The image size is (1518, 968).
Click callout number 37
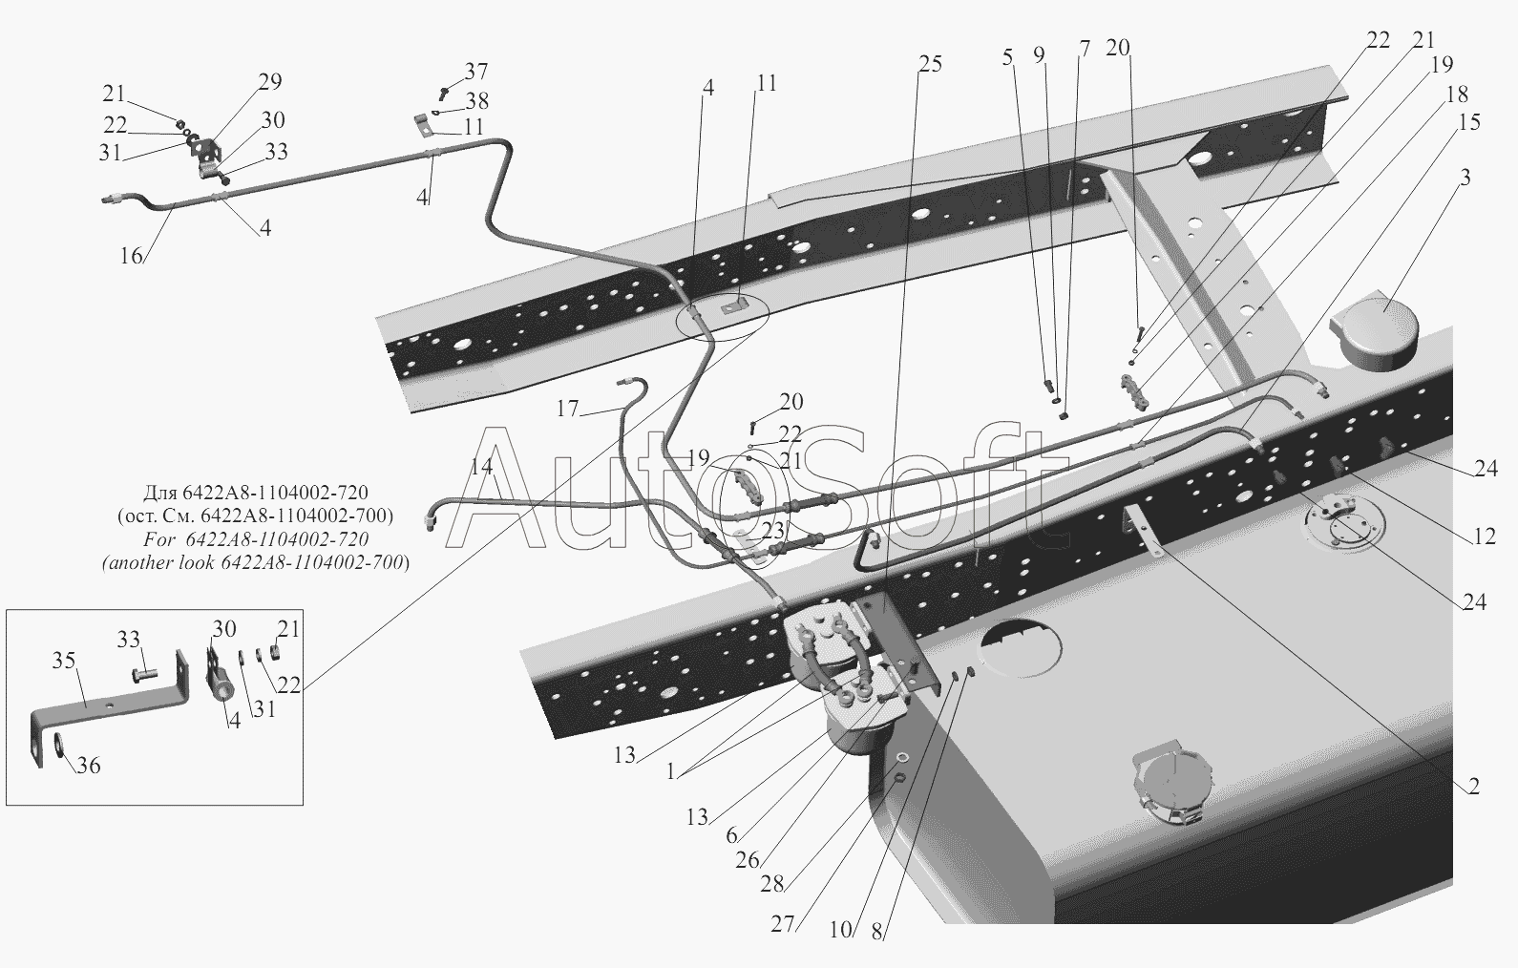(x=476, y=72)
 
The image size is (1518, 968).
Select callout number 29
(x=270, y=82)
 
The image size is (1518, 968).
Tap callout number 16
(x=131, y=255)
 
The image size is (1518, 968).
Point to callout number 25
(x=930, y=64)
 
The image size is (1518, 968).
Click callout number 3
(x=1465, y=178)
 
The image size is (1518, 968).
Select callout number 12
(x=1484, y=537)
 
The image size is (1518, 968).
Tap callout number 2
(x=1474, y=787)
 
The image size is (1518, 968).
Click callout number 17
(x=567, y=409)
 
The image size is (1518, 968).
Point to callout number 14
(x=482, y=467)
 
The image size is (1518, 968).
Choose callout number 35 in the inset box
(x=64, y=662)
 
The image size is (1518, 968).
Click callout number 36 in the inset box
(x=88, y=766)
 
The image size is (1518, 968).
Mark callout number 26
(x=747, y=859)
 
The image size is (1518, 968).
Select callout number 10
(x=840, y=929)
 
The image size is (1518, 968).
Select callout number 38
(x=476, y=101)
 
